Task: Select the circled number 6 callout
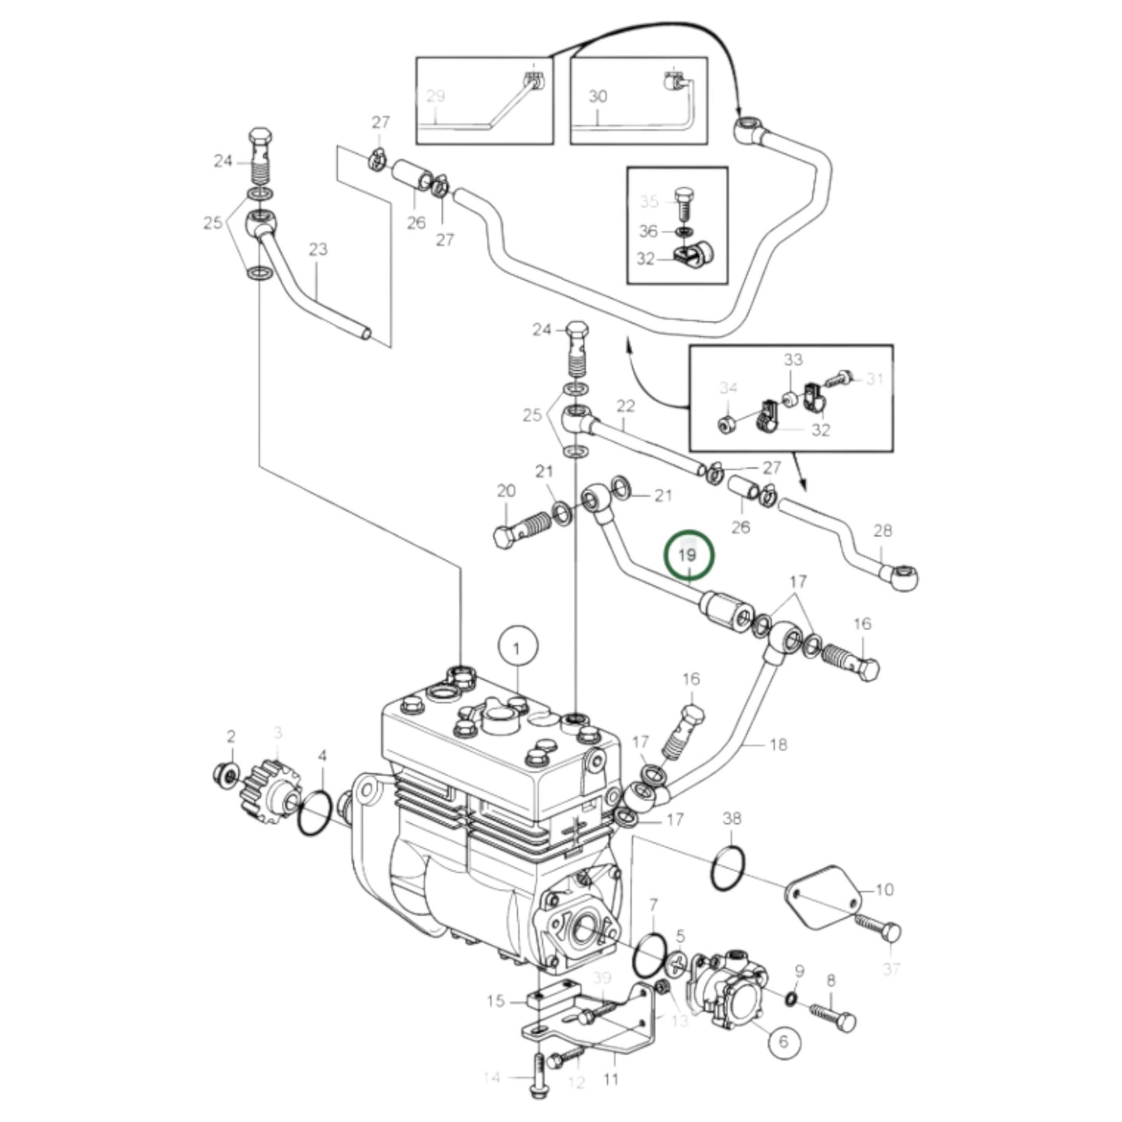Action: (x=782, y=1041)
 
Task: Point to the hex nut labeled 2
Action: (x=224, y=774)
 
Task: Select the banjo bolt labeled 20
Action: (x=521, y=532)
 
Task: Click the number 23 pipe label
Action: (x=318, y=249)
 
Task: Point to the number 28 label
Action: (x=883, y=531)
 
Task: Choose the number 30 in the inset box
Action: (x=597, y=96)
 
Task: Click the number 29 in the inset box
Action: (x=436, y=96)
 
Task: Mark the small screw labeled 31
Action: (x=839, y=378)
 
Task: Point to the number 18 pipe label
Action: (x=777, y=744)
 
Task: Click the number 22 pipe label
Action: (x=625, y=405)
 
